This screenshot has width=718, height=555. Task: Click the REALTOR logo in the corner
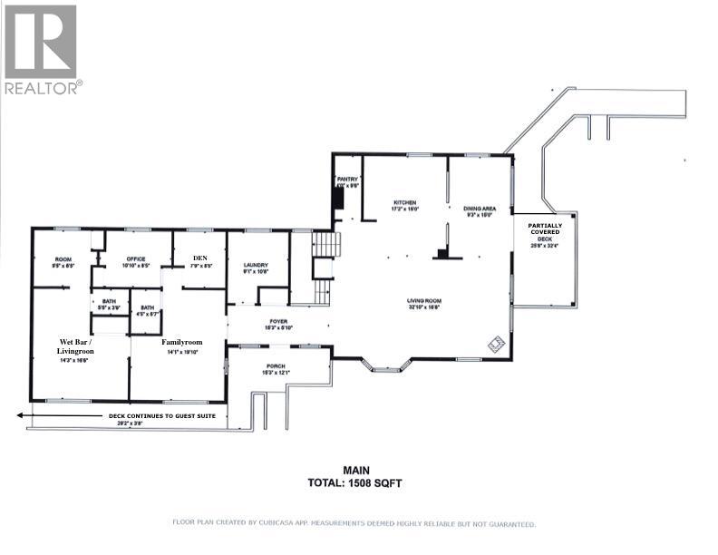pos(42,49)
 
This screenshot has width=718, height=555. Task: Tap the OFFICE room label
pos(134,258)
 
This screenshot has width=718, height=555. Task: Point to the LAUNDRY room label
pos(256,265)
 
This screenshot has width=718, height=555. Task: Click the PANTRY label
pos(348,180)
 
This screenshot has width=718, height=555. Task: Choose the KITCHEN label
pos(404,201)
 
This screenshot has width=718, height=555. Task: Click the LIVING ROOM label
pos(422,300)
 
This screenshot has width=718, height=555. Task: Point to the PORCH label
pos(276,366)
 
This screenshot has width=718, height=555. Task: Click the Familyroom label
pos(179,342)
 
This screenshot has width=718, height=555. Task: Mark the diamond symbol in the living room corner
pos(495,344)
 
